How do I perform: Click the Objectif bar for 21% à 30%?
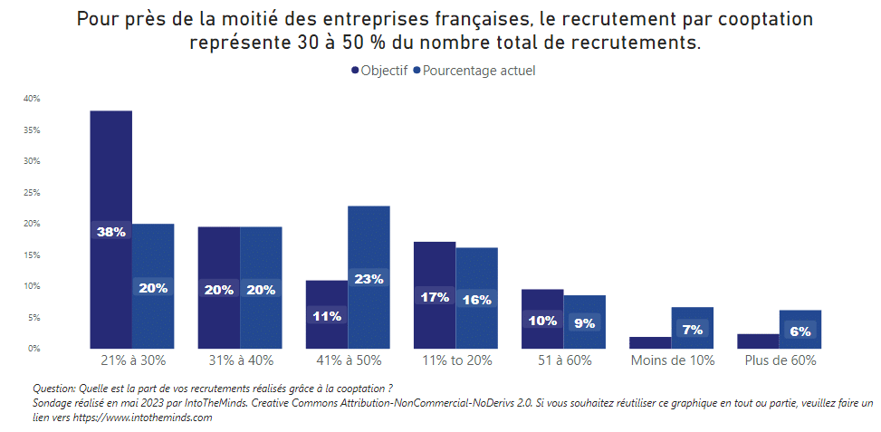pyautogui.click(x=110, y=181)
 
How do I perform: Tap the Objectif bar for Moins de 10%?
pyautogui.click(x=650, y=342)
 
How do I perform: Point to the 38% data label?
pyautogui.click(x=110, y=232)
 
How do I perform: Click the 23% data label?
pyautogui.click(x=369, y=279)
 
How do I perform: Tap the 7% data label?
pyautogui.click(x=693, y=330)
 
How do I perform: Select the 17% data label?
pyautogui.click(x=435, y=296)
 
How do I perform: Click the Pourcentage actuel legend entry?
pyautogui.click(x=474, y=71)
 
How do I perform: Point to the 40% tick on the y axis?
pyautogui.click(x=32, y=99)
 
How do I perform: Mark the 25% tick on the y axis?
pyautogui.click(x=32, y=193)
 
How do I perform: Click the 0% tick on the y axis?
pyautogui.click(x=34, y=349)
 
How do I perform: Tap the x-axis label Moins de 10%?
pyautogui.click(x=672, y=360)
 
